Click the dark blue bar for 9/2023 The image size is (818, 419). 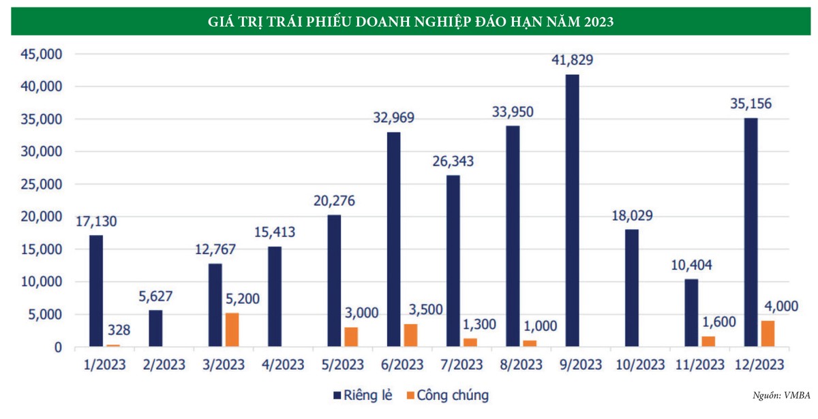click(x=572, y=211)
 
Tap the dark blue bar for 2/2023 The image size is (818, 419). click(x=155, y=329)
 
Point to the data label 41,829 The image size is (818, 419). click(x=573, y=60)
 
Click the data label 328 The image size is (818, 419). click(x=117, y=331)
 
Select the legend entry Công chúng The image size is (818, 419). click(x=446, y=395)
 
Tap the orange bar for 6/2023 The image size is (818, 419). click(x=410, y=336)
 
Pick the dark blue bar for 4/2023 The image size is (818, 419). click(x=274, y=297)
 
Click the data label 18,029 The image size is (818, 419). click(x=632, y=216)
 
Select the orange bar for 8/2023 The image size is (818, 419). click(x=529, y=344)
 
